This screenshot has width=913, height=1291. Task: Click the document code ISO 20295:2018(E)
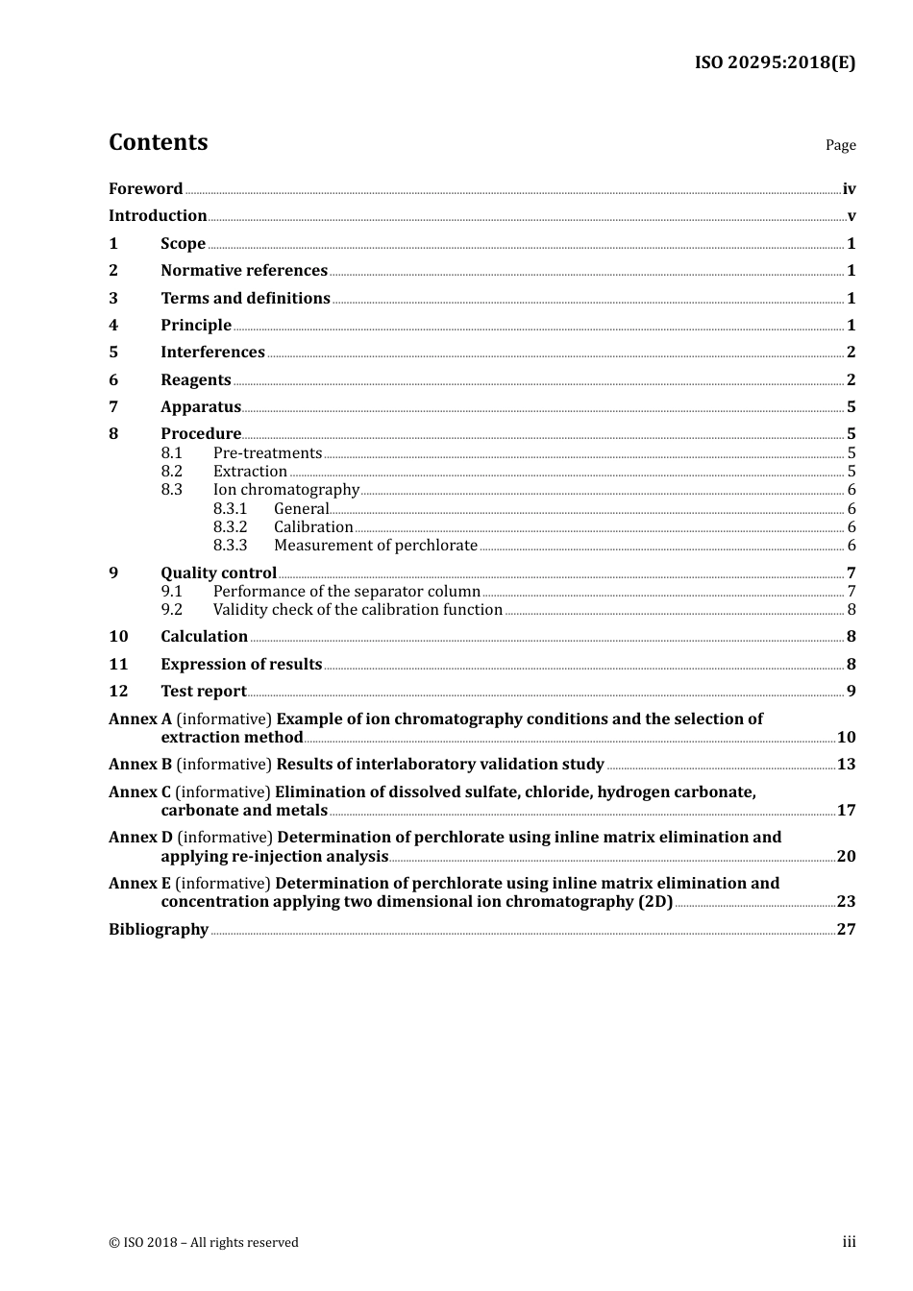tap(775, 63)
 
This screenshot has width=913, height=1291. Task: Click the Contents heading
tap(158, 142)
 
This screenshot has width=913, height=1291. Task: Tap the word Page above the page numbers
tap(840, 145)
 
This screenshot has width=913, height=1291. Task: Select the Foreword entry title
tap(145, 189)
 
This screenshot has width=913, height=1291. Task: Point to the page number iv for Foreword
tap(849, 189)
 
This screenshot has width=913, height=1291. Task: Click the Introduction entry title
tap(158, 216)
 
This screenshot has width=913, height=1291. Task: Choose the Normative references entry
tap(244, 271)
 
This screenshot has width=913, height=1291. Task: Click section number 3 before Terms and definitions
tap(113, 299)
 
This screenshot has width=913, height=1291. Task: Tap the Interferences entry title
tap(212, 353)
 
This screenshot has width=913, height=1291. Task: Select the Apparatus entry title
tap(201, 407)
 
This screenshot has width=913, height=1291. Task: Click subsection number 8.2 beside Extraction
tap(171, 472)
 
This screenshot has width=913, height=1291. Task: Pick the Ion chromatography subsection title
tap(285, 490)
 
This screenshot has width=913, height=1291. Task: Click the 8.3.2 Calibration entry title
tap(313, 527)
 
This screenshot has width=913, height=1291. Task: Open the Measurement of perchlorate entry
tap(375, 546)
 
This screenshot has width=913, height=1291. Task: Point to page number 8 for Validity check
tap(851, 610)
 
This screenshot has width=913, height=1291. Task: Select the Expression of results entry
tap(241, 665)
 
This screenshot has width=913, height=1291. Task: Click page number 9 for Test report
tap(851, 692)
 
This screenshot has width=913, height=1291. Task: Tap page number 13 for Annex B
tap(846, 765)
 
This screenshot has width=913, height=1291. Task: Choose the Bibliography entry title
tap(159, 930)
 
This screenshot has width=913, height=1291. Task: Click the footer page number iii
tap(849, 1242)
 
